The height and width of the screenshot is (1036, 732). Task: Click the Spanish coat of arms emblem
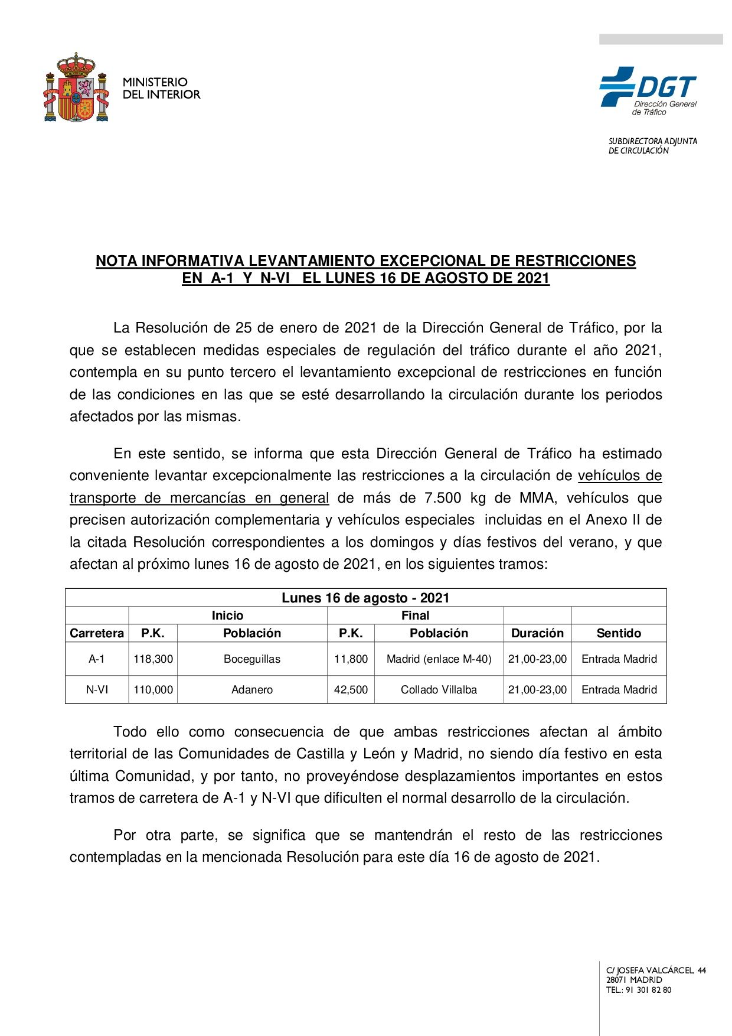77,89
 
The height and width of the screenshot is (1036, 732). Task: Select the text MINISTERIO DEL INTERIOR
161,88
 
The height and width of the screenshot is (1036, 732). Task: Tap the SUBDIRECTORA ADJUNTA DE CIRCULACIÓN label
652,146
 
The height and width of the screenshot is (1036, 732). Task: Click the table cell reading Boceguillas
252,659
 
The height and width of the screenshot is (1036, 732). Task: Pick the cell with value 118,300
153,659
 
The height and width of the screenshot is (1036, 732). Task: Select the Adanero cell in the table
252,689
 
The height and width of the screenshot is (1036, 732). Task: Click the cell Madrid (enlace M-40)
439,659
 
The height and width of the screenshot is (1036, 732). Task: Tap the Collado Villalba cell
439,689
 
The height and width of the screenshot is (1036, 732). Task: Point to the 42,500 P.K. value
351,689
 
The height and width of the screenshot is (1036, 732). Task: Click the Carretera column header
97,633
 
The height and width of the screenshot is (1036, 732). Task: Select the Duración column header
537,633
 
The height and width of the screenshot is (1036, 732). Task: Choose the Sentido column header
619,633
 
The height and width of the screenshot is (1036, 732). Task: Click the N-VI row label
97,689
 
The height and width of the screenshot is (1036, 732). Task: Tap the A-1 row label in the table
97,659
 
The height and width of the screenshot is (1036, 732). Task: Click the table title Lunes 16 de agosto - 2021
365,598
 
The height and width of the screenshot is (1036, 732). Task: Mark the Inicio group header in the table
227,615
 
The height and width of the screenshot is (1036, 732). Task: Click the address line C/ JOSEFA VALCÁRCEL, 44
656,970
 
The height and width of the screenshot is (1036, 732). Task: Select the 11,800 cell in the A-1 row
351,659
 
